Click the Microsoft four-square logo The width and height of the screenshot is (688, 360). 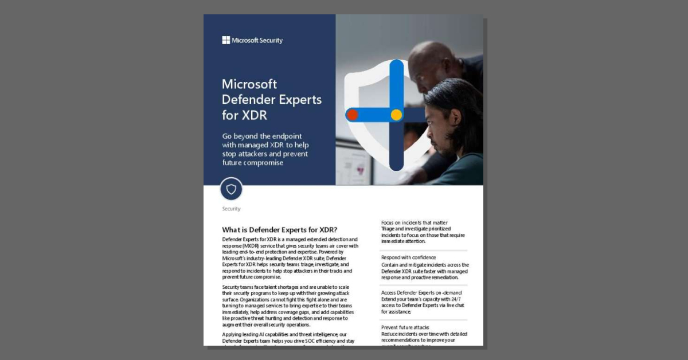point(226,40)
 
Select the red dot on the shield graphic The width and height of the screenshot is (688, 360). point(353,115)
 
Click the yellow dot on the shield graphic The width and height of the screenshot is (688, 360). point(396,115)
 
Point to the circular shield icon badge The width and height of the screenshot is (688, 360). point(231,189)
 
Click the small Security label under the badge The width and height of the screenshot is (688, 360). point(231,209)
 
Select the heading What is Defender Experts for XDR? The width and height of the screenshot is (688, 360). point(279,230)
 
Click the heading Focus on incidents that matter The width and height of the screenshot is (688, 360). point(414,222)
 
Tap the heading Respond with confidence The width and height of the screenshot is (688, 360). point(408,258)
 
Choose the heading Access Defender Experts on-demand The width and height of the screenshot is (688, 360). point(421,292)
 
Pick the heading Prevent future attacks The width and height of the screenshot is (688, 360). point(405,327)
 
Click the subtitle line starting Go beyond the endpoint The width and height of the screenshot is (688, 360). point(265,136)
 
